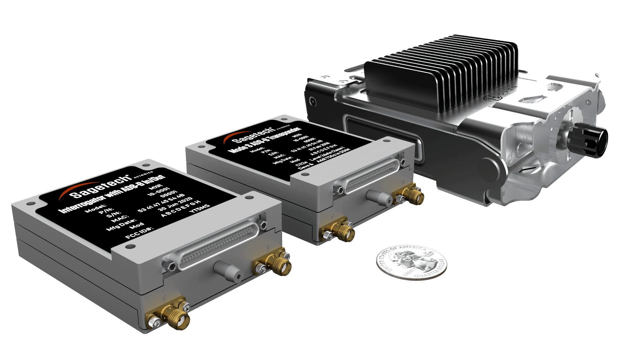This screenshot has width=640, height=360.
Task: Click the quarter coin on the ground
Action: pos(411,263)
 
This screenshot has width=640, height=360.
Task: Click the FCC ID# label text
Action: pos(139,233)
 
